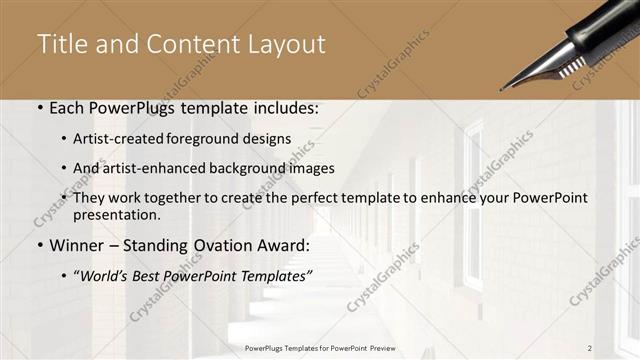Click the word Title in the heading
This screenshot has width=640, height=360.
[61, 45]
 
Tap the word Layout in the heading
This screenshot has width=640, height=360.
[284, 45]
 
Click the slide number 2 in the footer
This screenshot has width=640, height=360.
[590, 347]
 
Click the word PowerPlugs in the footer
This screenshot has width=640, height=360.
[267, 347]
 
